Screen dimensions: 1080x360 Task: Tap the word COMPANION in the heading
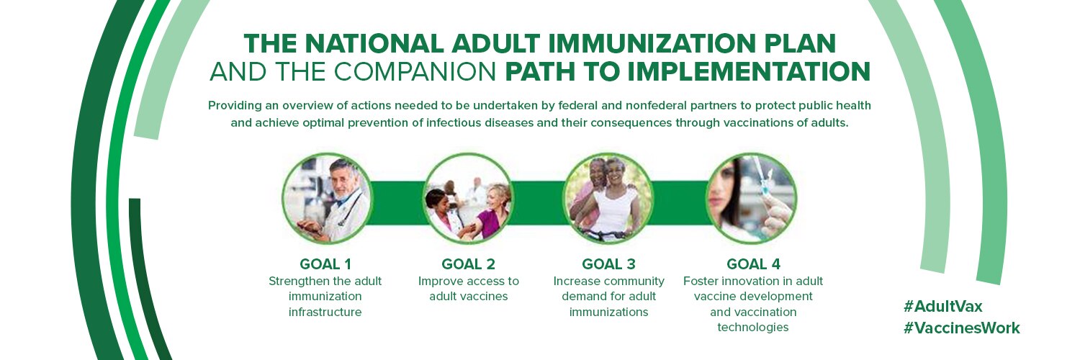click(415, 72)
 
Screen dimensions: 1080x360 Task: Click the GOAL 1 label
click(325, 264)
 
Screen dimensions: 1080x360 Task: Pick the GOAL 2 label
click(468, 264)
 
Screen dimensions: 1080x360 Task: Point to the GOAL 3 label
click(608, 264)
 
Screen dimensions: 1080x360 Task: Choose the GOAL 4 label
click(753, 264)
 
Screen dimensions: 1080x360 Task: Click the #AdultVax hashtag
click(942, 307)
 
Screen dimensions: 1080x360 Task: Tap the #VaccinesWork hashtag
click(961, 328)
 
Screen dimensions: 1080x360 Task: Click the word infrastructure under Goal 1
click(325, 312)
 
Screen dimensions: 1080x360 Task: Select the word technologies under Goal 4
click(753, 327)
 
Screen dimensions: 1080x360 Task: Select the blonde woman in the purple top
click(492, 212)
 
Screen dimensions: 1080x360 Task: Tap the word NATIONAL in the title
click(374, 44)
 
